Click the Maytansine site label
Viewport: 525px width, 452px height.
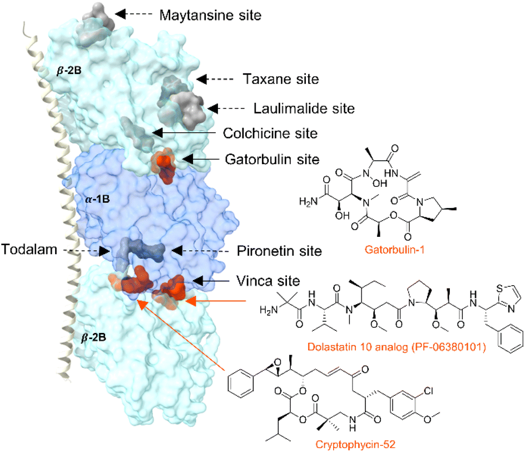[x=210, y=15]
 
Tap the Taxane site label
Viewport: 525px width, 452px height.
[x=281, y=79]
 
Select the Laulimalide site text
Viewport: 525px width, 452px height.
[x=304, y=108]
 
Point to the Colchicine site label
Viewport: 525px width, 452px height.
[x=270, y=133]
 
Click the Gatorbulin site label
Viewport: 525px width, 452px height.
[x=272, y=160]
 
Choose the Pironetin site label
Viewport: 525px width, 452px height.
[x=279, y=251]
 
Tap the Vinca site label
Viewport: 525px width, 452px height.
[x=268, y=281]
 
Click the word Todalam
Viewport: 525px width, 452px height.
[x=29, y=250]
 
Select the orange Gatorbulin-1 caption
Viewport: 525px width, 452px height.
[x=394, y=250]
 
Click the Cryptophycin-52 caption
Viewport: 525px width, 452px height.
[x=355, y=444]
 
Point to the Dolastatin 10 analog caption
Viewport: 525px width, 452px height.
[x=397, y=347]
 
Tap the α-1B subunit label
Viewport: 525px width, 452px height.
[x=97, y=199]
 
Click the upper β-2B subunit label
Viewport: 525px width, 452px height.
[x=69, y=71]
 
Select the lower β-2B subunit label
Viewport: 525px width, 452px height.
[x=94, y=337]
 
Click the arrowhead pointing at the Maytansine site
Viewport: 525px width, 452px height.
[x=121, y=14]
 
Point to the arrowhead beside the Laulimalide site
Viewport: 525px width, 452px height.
[x=213, y=108]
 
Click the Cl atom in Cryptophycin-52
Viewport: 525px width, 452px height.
[x=428, y=391]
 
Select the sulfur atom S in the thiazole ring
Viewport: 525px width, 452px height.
[x=499, y=289]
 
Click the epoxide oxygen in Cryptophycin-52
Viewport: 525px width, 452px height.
[x=277, y=362]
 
